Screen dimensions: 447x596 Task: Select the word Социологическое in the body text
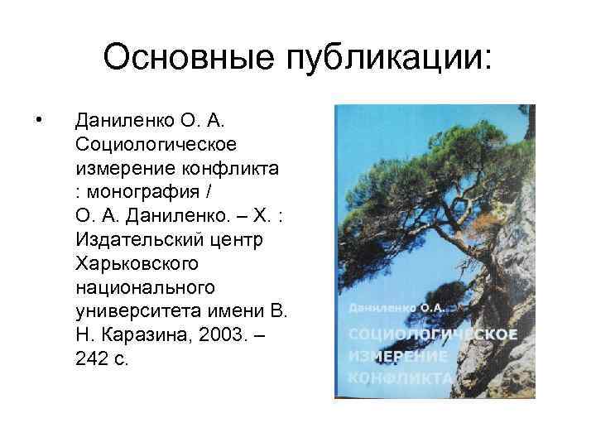(156, 145)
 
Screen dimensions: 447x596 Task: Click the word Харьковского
(136, 265)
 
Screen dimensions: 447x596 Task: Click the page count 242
(90, 361)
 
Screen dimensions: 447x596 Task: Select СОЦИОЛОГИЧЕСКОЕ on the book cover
(434, 334)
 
